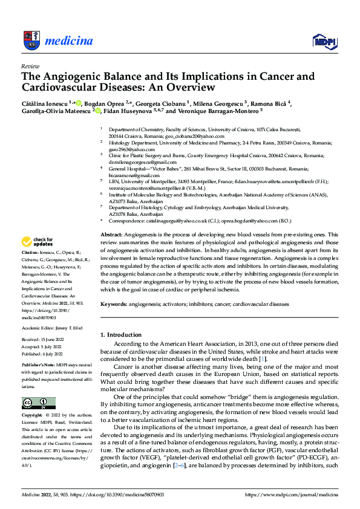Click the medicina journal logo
coord(57,41)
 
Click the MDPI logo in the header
coord(324,41)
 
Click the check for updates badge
coord(38,240)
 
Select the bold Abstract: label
coord(111,234)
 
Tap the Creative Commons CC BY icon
coord(38,403)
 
